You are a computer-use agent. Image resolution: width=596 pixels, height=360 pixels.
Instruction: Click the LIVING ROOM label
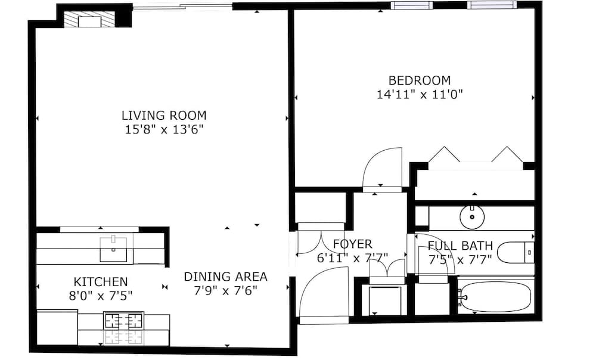click(164, 115)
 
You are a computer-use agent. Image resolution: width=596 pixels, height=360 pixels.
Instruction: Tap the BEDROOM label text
click(420, 80)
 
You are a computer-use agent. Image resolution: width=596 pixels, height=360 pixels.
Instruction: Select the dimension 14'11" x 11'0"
click(420, 94)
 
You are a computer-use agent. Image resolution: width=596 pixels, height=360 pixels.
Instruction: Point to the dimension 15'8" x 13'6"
click(164, 129)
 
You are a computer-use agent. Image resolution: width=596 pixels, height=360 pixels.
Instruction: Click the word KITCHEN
click(101, 281)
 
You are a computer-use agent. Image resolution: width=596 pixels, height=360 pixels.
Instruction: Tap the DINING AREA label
click(225, 277)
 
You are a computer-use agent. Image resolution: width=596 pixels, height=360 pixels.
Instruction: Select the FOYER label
click(352, 244)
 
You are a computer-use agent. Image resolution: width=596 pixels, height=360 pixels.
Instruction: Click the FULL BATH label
click(460, 246)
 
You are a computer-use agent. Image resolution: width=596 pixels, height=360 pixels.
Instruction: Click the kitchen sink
click(113, 249)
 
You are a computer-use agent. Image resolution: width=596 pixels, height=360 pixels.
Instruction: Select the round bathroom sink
click(473, 216)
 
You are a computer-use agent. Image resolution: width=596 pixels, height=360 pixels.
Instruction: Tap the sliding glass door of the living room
click(182, 7)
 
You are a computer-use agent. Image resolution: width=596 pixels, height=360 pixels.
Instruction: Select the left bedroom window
click(411, 5)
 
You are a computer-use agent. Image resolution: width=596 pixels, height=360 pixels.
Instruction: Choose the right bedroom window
click(492, 5)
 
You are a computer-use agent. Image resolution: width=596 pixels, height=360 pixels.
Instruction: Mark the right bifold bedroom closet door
click(507, 154)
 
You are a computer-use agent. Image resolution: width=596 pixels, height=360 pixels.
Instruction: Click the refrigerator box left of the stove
click(57, 327)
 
